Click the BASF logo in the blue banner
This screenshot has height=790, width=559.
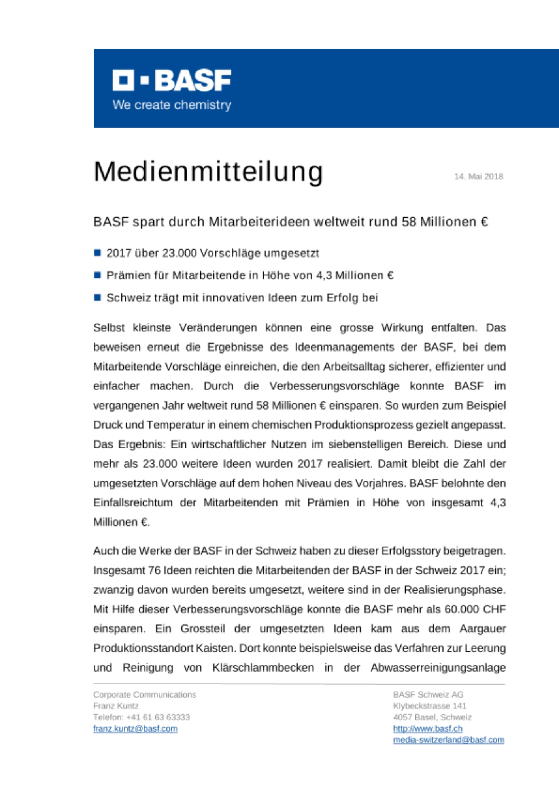pyautogui.click(x=172, y=80)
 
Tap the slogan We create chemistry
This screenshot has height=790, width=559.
pyautogui.click(x=172, y=105)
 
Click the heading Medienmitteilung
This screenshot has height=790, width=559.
pyautogui.click(x=208, y=172)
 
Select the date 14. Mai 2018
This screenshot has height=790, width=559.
pyautogui.click(x=478, y=177)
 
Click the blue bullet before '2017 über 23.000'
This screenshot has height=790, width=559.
pyautogui.click(x=97, y=253)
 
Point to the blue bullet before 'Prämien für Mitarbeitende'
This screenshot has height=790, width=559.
pyautogui.click(x=97, y=275)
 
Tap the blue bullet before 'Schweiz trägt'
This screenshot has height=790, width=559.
pyautogui.click(x=97, y=297)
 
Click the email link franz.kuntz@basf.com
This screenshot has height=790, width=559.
pyautogui.click(x=135, y=728)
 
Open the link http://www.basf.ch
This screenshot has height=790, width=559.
pyautogui.click(x=427, y=728)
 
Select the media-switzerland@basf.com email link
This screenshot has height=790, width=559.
pyautogui.click(x=448, y=740)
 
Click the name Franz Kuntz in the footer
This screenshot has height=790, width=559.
pyautogui.click(x=116, y=706)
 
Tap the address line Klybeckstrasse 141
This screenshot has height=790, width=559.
pyautogui.click(x=429, y=706)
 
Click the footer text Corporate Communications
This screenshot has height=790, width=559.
pyautogui.click(x=145, y=694)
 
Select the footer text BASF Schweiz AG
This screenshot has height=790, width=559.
pyautogui.click(x=428, y=694)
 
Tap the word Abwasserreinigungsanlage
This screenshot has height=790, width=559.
pyautogui.click(x=438, y=668)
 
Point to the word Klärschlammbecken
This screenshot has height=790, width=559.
pyautogui.click(x=263, y=668)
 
